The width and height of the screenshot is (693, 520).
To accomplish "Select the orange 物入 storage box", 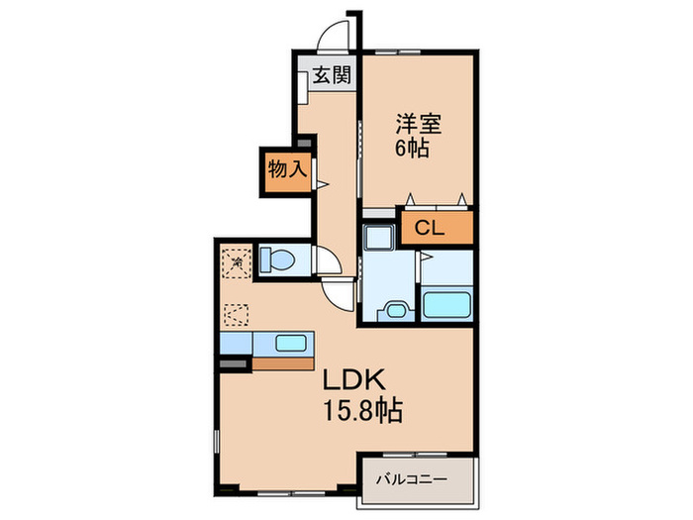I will tap(286, 170).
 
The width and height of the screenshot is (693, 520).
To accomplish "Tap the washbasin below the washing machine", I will tap(397, 309).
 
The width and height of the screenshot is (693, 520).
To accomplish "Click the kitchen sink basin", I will tap(291, 344).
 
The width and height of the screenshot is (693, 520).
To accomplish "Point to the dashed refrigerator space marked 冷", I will tap(237, 261).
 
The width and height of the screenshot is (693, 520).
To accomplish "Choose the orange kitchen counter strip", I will tap(283, 362).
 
